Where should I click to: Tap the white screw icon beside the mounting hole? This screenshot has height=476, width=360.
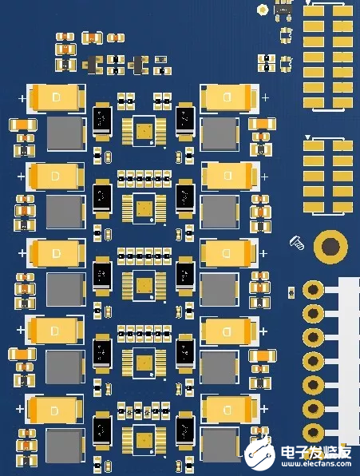click(x=295, y=241)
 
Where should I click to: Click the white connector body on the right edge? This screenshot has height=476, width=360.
click(x=349, y=359)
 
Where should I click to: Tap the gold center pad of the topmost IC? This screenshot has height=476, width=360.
click(x=144, y=131)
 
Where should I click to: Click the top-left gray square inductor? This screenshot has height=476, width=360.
click(x=65, y=133)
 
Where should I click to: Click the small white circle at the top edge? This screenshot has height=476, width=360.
click(x=263, y=10)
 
